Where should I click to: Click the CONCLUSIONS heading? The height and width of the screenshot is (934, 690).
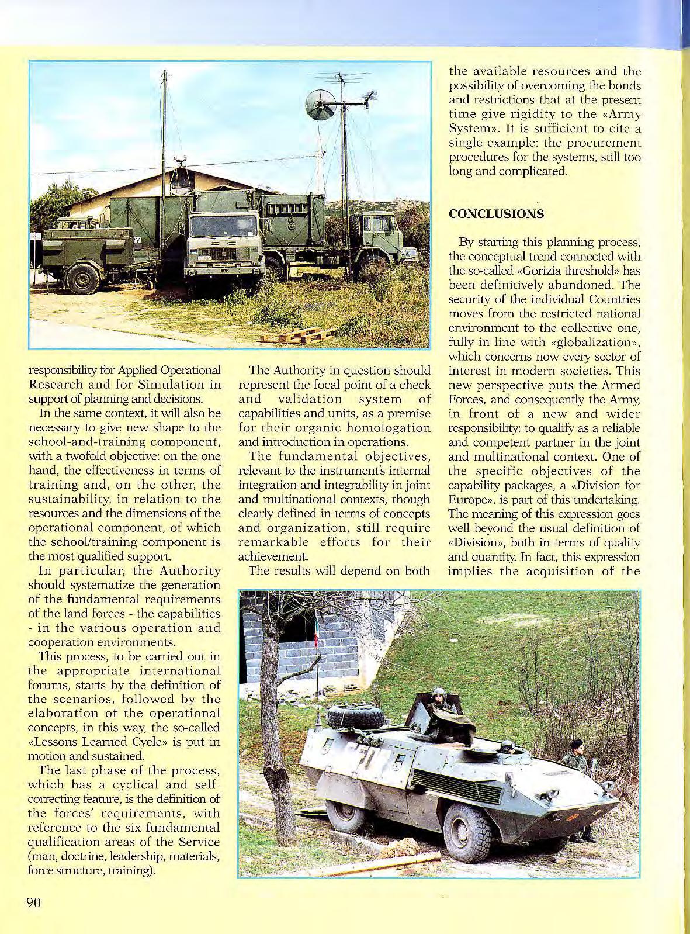pos(496,214)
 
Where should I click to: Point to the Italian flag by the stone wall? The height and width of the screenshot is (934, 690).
pos(317,631)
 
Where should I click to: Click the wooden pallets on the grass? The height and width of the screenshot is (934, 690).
pos(297,335)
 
